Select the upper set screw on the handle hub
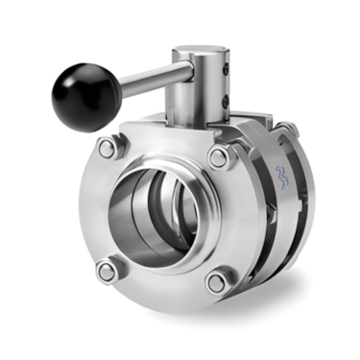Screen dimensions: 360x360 [x=228, y=69]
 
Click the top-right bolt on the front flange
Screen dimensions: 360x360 [x=220, y=156]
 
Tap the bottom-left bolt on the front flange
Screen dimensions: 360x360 [x=107, y=272]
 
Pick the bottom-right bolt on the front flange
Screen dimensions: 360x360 [x=217, y=282]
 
